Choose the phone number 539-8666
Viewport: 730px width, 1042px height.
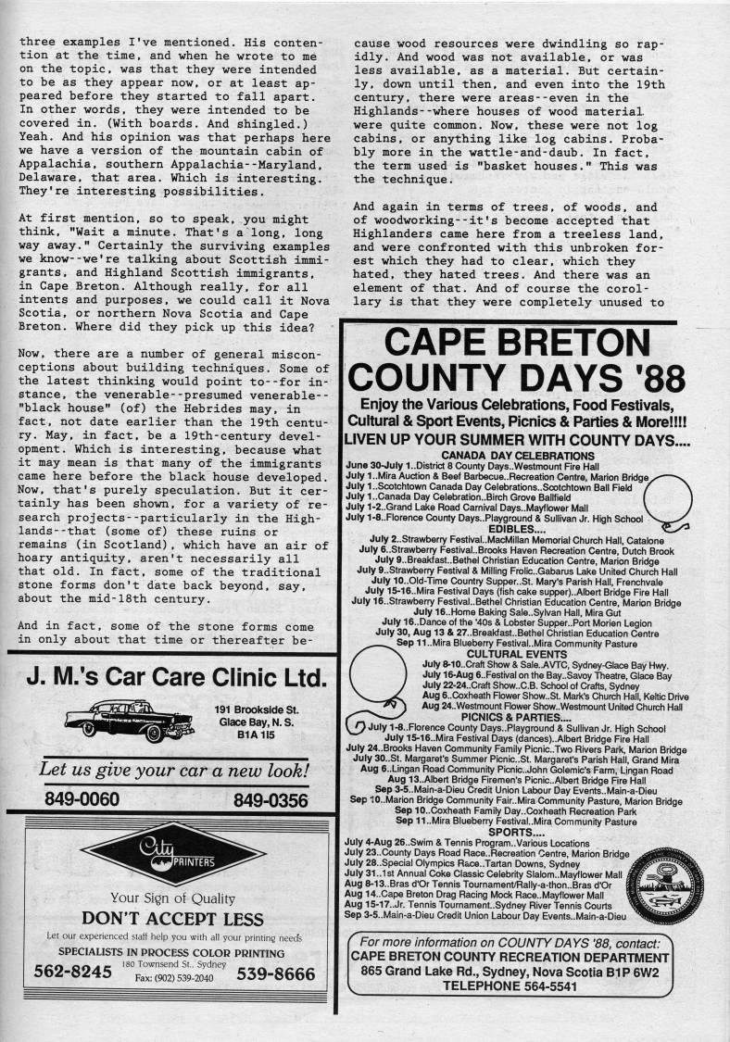click(x=275, y=973)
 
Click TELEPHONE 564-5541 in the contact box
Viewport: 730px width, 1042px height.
click(x=510, y=986)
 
